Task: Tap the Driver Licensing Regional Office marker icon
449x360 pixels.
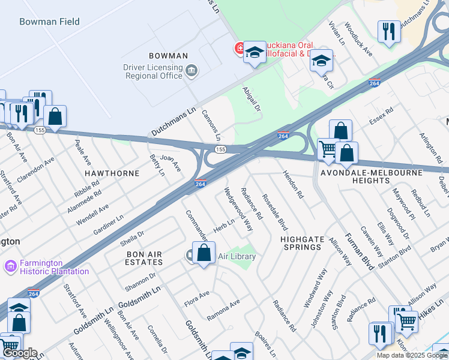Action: point(191,71)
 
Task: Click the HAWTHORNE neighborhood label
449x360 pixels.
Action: point(112,173)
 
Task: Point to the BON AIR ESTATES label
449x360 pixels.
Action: point(144,258)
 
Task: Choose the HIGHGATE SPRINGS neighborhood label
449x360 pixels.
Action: point(302,243)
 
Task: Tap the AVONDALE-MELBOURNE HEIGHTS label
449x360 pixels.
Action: point(371,176)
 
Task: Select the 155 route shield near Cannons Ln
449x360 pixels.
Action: point(220,149)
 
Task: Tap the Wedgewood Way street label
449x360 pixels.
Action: point(238,210)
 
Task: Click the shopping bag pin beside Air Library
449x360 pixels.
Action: point(204,253)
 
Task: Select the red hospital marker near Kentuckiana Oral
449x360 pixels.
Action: point(238,47)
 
